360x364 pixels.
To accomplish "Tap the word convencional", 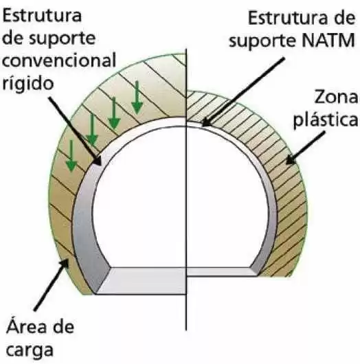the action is (59, 60).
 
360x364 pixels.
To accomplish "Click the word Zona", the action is (336, 97).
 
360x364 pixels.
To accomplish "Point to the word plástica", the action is (326, 120).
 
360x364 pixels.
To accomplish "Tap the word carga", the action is (30, 350).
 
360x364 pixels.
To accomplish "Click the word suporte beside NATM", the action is (262, 41).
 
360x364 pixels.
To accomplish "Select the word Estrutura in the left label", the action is (42, 15).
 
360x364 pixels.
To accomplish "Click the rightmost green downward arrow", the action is (137, 98).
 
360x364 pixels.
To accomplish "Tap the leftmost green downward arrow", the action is (71, 156).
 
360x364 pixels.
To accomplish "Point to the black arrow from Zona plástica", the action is (305, 148).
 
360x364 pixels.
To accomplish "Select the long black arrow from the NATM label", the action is (243, 92).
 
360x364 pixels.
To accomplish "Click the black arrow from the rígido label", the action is (76, 131).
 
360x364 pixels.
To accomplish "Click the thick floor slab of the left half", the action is (142, 281).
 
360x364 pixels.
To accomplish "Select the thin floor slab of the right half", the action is (221, 271).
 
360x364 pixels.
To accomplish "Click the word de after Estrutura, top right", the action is (346, 18).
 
